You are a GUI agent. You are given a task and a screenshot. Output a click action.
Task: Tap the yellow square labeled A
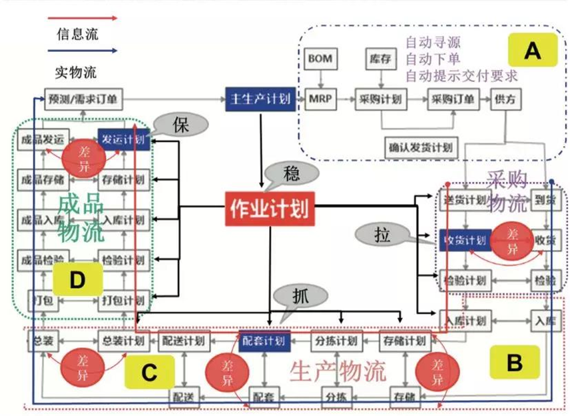pyautogui.click(x=532, y=49)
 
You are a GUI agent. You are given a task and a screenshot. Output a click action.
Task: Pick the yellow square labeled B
pyautogui.click(x=514, y=363)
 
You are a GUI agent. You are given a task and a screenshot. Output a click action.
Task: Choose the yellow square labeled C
pyautogui.click(x=148, y=372)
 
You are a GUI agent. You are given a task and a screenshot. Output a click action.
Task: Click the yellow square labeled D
pyautogui.click(x=77, y=280)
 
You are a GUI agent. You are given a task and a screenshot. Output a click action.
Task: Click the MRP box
pyautogui.click(x=317, y=99)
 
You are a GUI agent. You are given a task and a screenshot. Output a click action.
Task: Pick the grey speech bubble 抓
pyautogui.click(x=299, y=293)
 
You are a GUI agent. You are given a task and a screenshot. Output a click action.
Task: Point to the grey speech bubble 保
pyautogui.click(x=178, y=125)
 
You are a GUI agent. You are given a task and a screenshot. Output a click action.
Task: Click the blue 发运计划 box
pyautogui.click(x=123, y=139)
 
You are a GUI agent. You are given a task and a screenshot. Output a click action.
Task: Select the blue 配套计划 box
pyautogui.click(x=264, y=341)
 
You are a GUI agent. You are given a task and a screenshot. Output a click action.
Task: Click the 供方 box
pyautogui.click(x=505, y=99)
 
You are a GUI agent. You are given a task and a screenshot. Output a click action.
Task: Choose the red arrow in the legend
pyautogui.click(x=87, y=18)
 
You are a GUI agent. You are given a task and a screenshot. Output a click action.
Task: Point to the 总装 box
pyautogui.click(x=41, y=341)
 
